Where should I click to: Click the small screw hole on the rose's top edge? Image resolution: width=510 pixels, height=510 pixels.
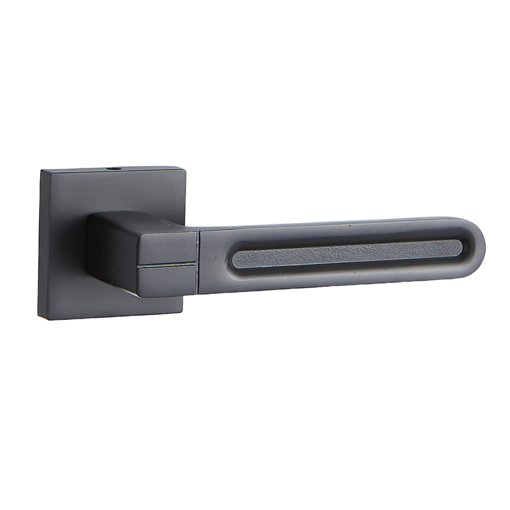coord(115,170)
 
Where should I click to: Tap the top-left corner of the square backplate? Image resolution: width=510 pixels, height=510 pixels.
coord(42,170)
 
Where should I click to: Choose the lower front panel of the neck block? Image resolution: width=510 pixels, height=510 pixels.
coord(167,281)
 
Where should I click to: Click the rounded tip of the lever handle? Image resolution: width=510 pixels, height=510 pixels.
coord(479,245)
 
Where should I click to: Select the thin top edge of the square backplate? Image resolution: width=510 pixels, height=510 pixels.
coord(76,170)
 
